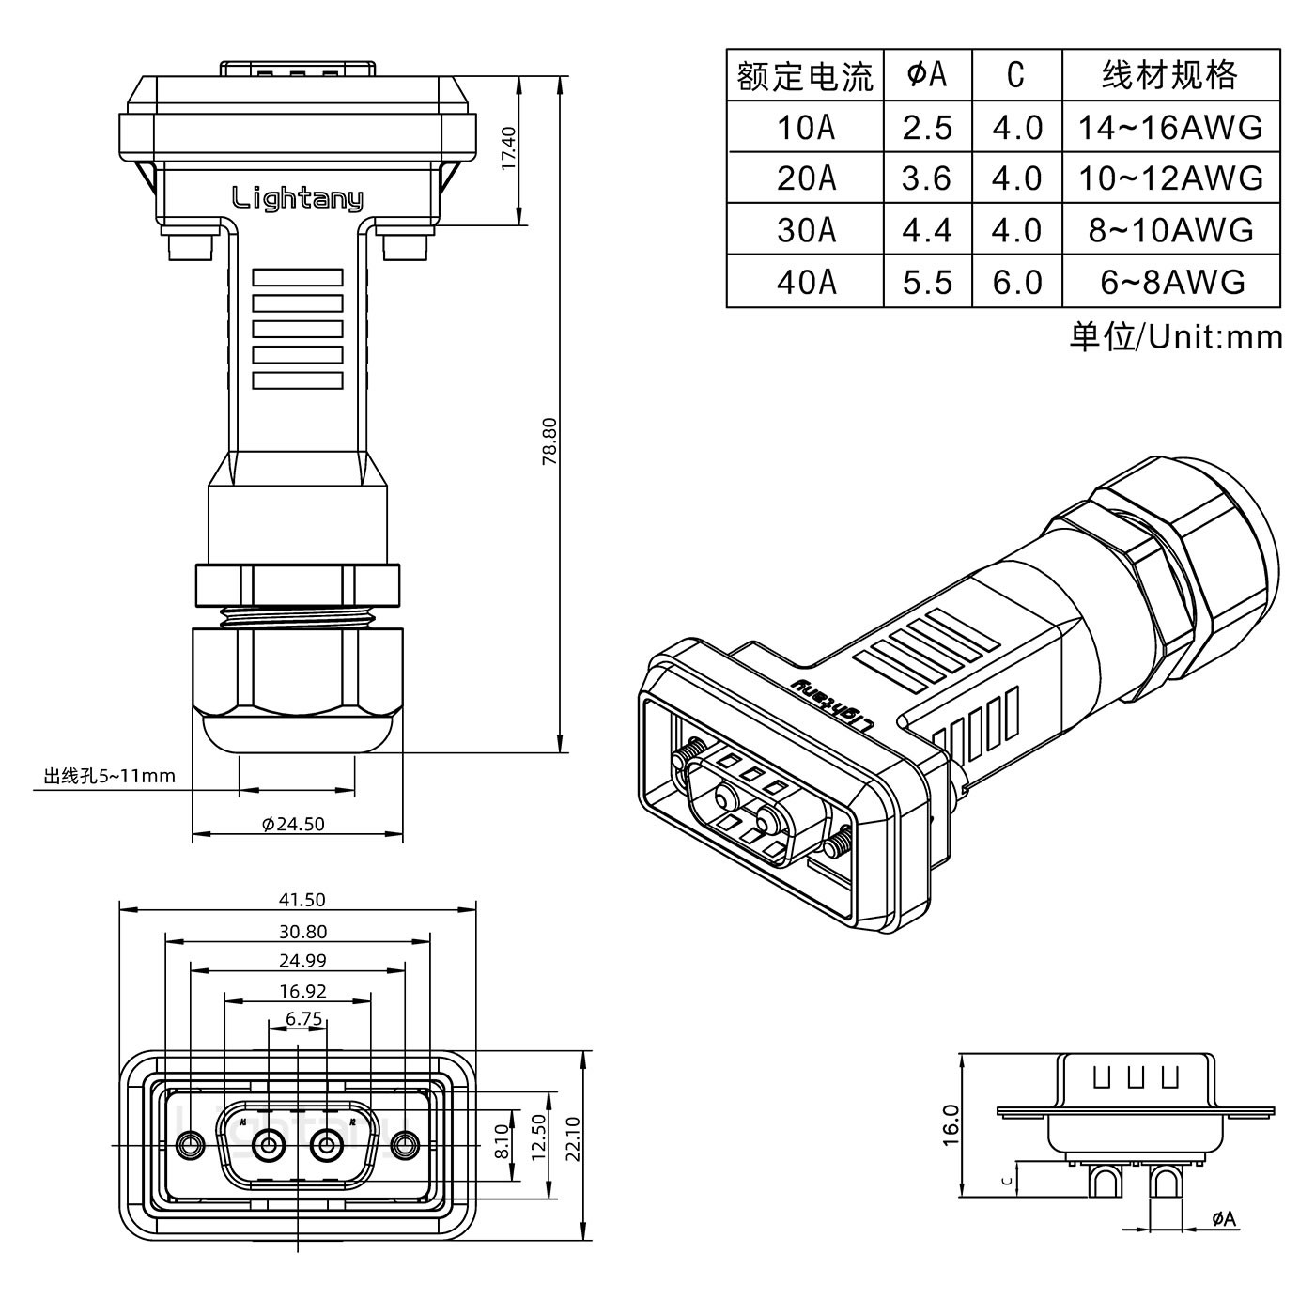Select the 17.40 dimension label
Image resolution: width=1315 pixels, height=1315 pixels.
click(508, 147)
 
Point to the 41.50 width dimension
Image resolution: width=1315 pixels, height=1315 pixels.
click(302, 899)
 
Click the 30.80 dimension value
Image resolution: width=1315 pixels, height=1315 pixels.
click(302, 932)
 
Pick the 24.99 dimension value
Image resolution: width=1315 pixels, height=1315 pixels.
click(302, 960)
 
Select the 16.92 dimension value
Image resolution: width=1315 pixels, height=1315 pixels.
click(302, 990)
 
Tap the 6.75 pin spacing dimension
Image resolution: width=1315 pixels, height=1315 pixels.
click(302, 1018)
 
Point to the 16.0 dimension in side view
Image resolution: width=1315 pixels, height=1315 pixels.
click(950, 1124)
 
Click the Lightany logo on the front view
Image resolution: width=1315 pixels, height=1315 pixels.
click(297, 198)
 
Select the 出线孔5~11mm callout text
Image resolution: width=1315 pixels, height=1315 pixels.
click(109, 776)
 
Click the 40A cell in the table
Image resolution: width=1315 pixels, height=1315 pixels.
click(805, 282)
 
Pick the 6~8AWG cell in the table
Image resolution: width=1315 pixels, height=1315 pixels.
click(1171, 282)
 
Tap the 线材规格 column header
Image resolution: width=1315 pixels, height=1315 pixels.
click(1170, 75)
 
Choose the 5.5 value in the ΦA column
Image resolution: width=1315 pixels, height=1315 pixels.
click(927, 282)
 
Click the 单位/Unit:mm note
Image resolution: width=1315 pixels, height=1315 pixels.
click(1175, 336)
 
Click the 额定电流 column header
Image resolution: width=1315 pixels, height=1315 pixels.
click(805, 75)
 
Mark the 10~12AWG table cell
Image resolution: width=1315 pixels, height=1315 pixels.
click(1171, 178)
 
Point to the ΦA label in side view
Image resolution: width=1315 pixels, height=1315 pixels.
click(1224, 1219)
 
